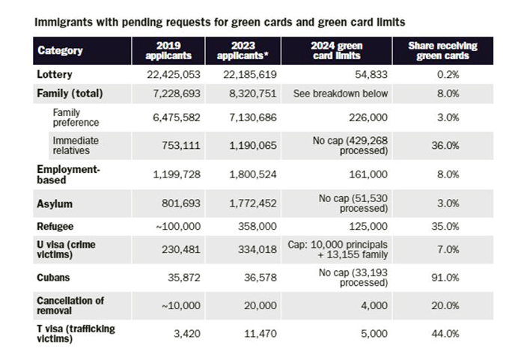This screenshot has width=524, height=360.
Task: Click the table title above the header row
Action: click(220, 22)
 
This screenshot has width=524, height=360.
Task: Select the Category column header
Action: click(60, 50)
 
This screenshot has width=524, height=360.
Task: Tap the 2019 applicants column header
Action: click(168, 50)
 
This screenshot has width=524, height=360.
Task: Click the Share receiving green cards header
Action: click(443, 50)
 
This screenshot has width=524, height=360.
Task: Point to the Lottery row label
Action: click(55, 74)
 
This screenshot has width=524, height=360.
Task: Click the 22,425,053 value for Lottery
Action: click(174, 75)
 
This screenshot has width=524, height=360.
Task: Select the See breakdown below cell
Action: click(341, 94)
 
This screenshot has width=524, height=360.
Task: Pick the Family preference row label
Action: click(76, 118)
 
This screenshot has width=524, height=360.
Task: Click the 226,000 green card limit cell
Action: click(368, 118)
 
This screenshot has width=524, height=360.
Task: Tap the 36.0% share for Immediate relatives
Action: click(445, 145)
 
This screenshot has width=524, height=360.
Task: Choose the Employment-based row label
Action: click(69, 174)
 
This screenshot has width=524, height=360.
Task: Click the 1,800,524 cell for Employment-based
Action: click(253, 174)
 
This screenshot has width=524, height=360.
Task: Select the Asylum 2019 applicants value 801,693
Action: click(181, 204)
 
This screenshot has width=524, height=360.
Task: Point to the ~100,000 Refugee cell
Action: click(178, 226)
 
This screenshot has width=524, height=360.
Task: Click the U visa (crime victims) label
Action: click(66, 249)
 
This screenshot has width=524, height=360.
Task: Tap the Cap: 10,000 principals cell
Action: click(338, 249)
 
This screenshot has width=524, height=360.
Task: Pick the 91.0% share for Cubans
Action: click(445, 278)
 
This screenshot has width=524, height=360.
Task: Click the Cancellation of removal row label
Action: click(70, 305)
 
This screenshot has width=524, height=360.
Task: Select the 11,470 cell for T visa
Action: click(261, 334)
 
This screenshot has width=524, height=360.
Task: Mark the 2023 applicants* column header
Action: click(243, 50)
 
